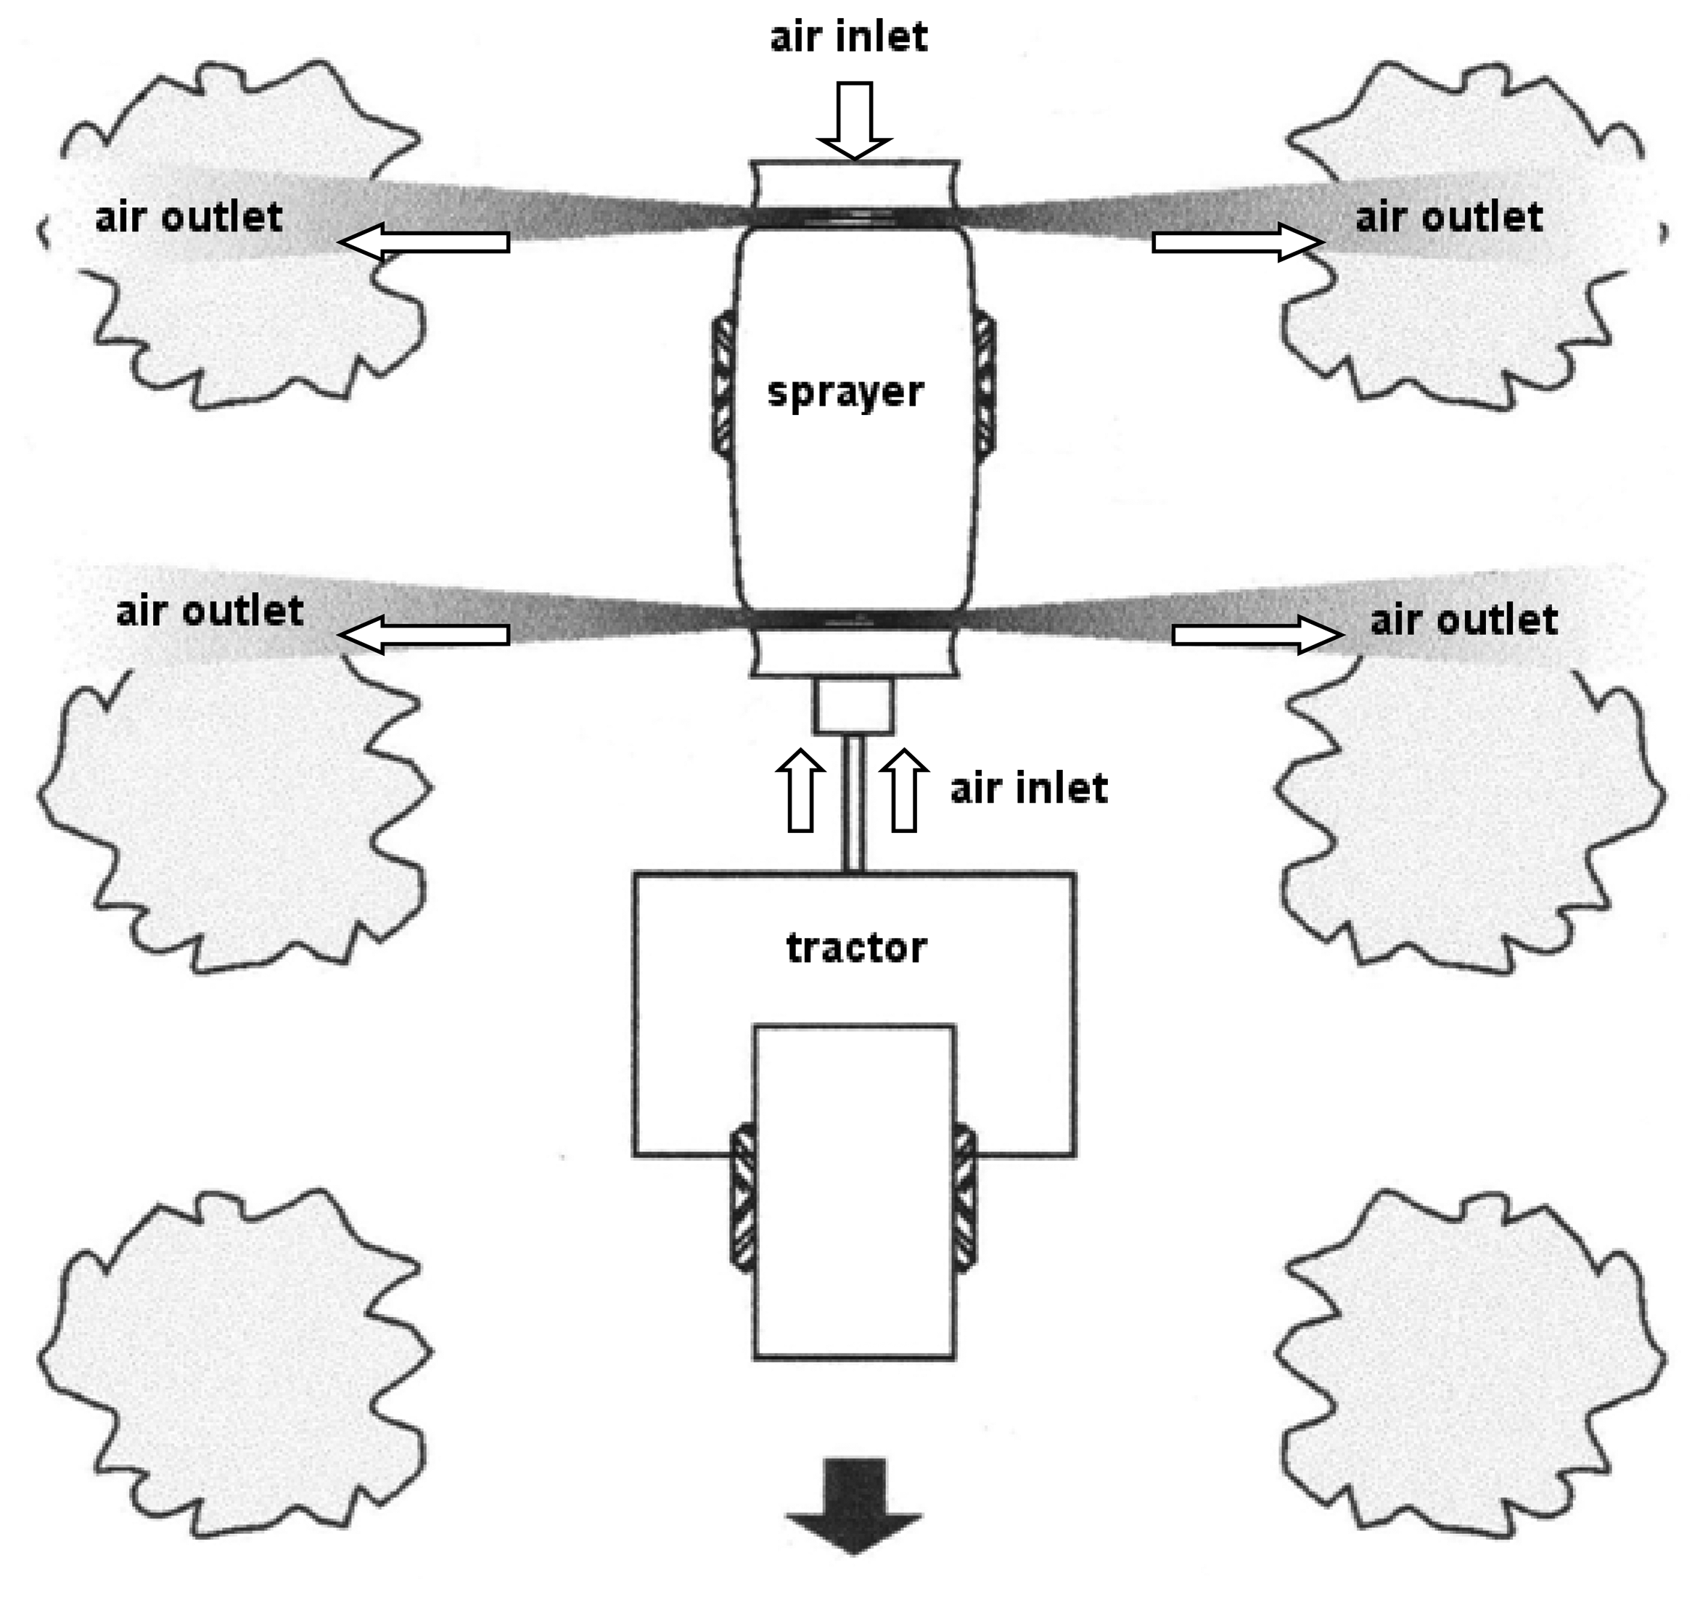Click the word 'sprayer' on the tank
click(845, 393)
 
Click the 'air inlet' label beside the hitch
click(1028, 788)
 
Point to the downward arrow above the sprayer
click(854, 120)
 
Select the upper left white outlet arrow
click(424, 242)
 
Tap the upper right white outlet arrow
click(1237, 242)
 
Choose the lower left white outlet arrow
click(424, 635)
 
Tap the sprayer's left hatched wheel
click(723, 382)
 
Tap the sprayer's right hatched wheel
click(985, 382)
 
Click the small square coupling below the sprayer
click(854, 706)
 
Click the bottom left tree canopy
click(232, 1366)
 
